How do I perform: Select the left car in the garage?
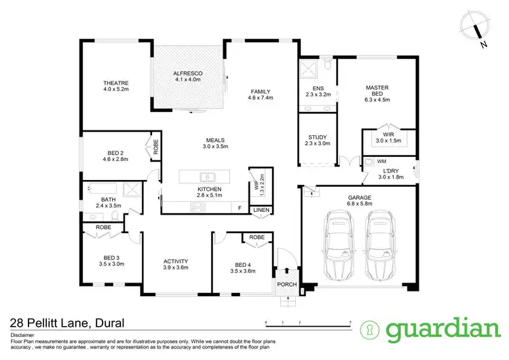337,242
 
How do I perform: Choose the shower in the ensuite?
310,70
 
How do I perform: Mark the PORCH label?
286,284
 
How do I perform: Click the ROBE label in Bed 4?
257,237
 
